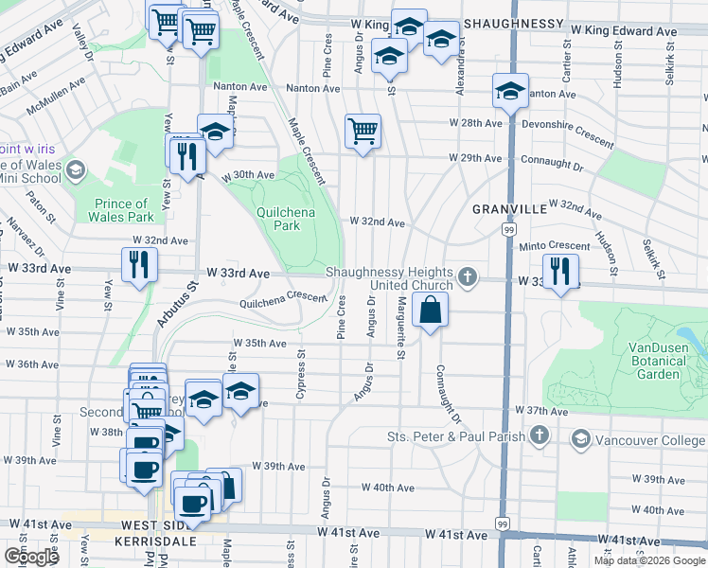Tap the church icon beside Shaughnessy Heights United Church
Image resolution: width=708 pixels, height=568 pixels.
pyautogui.click(x=466, y=277)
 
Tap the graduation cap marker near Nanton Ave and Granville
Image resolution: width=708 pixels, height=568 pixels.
pyautogui.click(x=510, y=92)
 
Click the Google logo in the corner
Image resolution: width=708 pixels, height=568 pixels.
pyautogui.click(x=30, y=556)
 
